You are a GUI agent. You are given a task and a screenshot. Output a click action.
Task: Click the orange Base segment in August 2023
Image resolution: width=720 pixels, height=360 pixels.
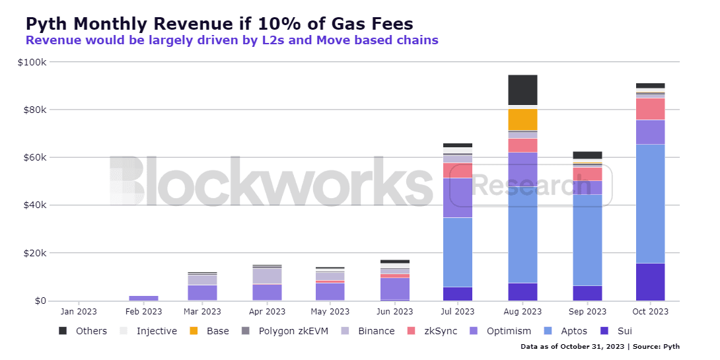[522, 120]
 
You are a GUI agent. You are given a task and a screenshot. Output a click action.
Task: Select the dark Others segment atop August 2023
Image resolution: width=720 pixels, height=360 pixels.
[522, 90]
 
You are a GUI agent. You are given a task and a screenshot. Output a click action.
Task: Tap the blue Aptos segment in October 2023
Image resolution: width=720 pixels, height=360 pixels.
[651, 203]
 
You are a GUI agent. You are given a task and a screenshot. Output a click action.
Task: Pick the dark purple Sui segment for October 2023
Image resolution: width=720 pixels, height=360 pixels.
[651, 282]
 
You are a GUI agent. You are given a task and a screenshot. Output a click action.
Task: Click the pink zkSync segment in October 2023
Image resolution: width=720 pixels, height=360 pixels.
[651, 109]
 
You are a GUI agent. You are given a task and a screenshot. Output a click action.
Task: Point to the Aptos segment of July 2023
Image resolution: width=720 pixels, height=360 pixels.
[458, 252]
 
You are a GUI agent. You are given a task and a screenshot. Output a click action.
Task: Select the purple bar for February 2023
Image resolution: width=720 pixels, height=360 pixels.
[143, 298]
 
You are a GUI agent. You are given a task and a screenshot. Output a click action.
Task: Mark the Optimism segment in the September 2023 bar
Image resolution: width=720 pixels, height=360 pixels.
[587, 187]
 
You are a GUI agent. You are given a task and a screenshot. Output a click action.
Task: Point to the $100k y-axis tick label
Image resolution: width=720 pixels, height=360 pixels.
[32, 62]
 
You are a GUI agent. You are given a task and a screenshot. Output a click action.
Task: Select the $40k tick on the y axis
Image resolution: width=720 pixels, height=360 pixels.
[35, 205]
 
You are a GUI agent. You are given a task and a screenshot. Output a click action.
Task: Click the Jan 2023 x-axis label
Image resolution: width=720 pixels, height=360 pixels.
[79, 311]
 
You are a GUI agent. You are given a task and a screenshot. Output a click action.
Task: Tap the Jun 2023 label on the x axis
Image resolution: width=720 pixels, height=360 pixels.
[394, 311]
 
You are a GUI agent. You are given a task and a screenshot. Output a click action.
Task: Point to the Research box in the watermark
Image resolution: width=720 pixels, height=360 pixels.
[530, 186]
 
